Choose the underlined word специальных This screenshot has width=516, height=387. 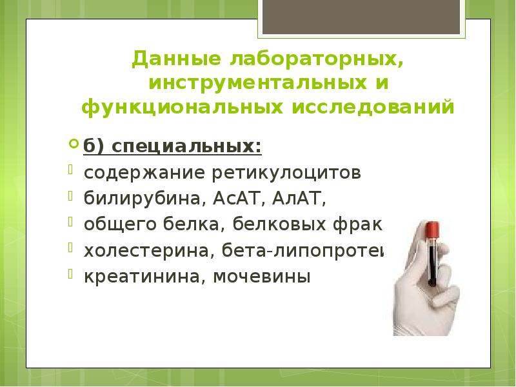[188, 148]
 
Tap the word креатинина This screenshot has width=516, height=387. [126, 277]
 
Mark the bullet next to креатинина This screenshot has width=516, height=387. [72, 273]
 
